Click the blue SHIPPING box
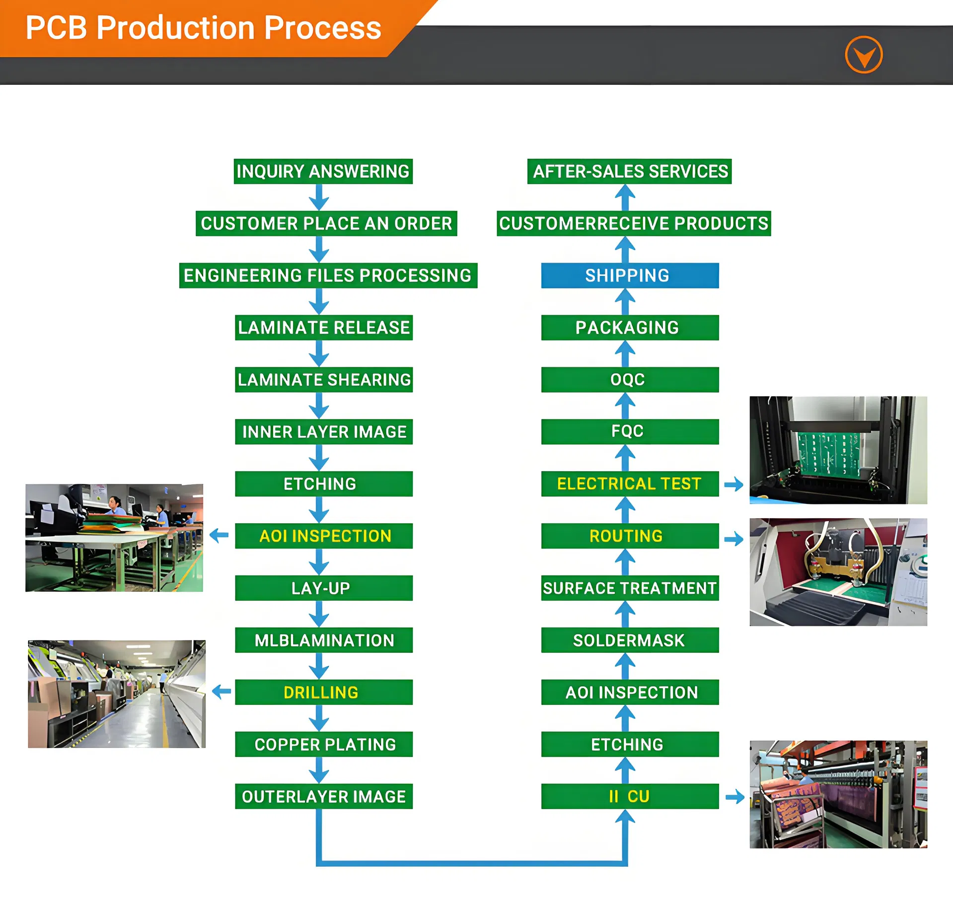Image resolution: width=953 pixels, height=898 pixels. [629, 276]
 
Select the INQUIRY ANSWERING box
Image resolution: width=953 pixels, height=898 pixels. [323, 171]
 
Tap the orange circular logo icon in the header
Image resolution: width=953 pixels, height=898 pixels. [864, 55]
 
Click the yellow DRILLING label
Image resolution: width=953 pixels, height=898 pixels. [321, 692]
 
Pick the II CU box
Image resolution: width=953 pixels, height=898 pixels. [629, 796]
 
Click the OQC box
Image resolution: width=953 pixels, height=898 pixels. [629, 380]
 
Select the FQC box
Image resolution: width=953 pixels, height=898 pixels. [629, 431]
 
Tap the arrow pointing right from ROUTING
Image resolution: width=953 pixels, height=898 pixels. [733, 539]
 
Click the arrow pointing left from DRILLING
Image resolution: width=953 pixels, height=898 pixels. [221, 691]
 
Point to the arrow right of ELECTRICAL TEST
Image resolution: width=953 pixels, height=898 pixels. [733, 484]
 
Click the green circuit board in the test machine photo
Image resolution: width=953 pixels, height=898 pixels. [828, 453]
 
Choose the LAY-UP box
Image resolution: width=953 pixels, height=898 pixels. [323, 588]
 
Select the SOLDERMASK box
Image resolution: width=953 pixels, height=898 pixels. [629, 640]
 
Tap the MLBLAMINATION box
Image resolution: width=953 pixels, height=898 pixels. [323, 640]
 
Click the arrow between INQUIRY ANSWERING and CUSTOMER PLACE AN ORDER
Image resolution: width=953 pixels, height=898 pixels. [319, 198]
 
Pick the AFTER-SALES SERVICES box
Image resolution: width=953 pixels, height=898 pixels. [629, 171]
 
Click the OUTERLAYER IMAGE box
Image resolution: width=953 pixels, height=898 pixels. [323, 796]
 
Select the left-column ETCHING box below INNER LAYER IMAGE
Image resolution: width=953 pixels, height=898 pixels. [323, 484]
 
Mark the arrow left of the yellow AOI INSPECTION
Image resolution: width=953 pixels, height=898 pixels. [219, 535]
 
